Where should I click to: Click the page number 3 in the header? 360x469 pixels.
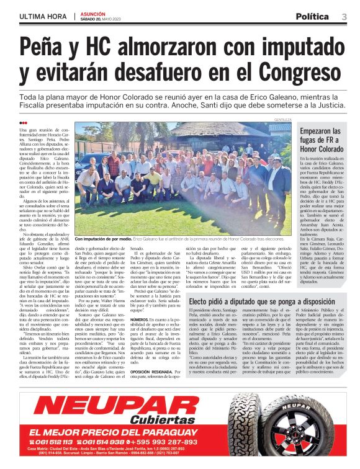click(x=344, y=16)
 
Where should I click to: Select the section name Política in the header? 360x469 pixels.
click(x=312, y=16)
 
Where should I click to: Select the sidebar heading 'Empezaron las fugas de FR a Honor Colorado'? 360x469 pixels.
click(x=320, y=140)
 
